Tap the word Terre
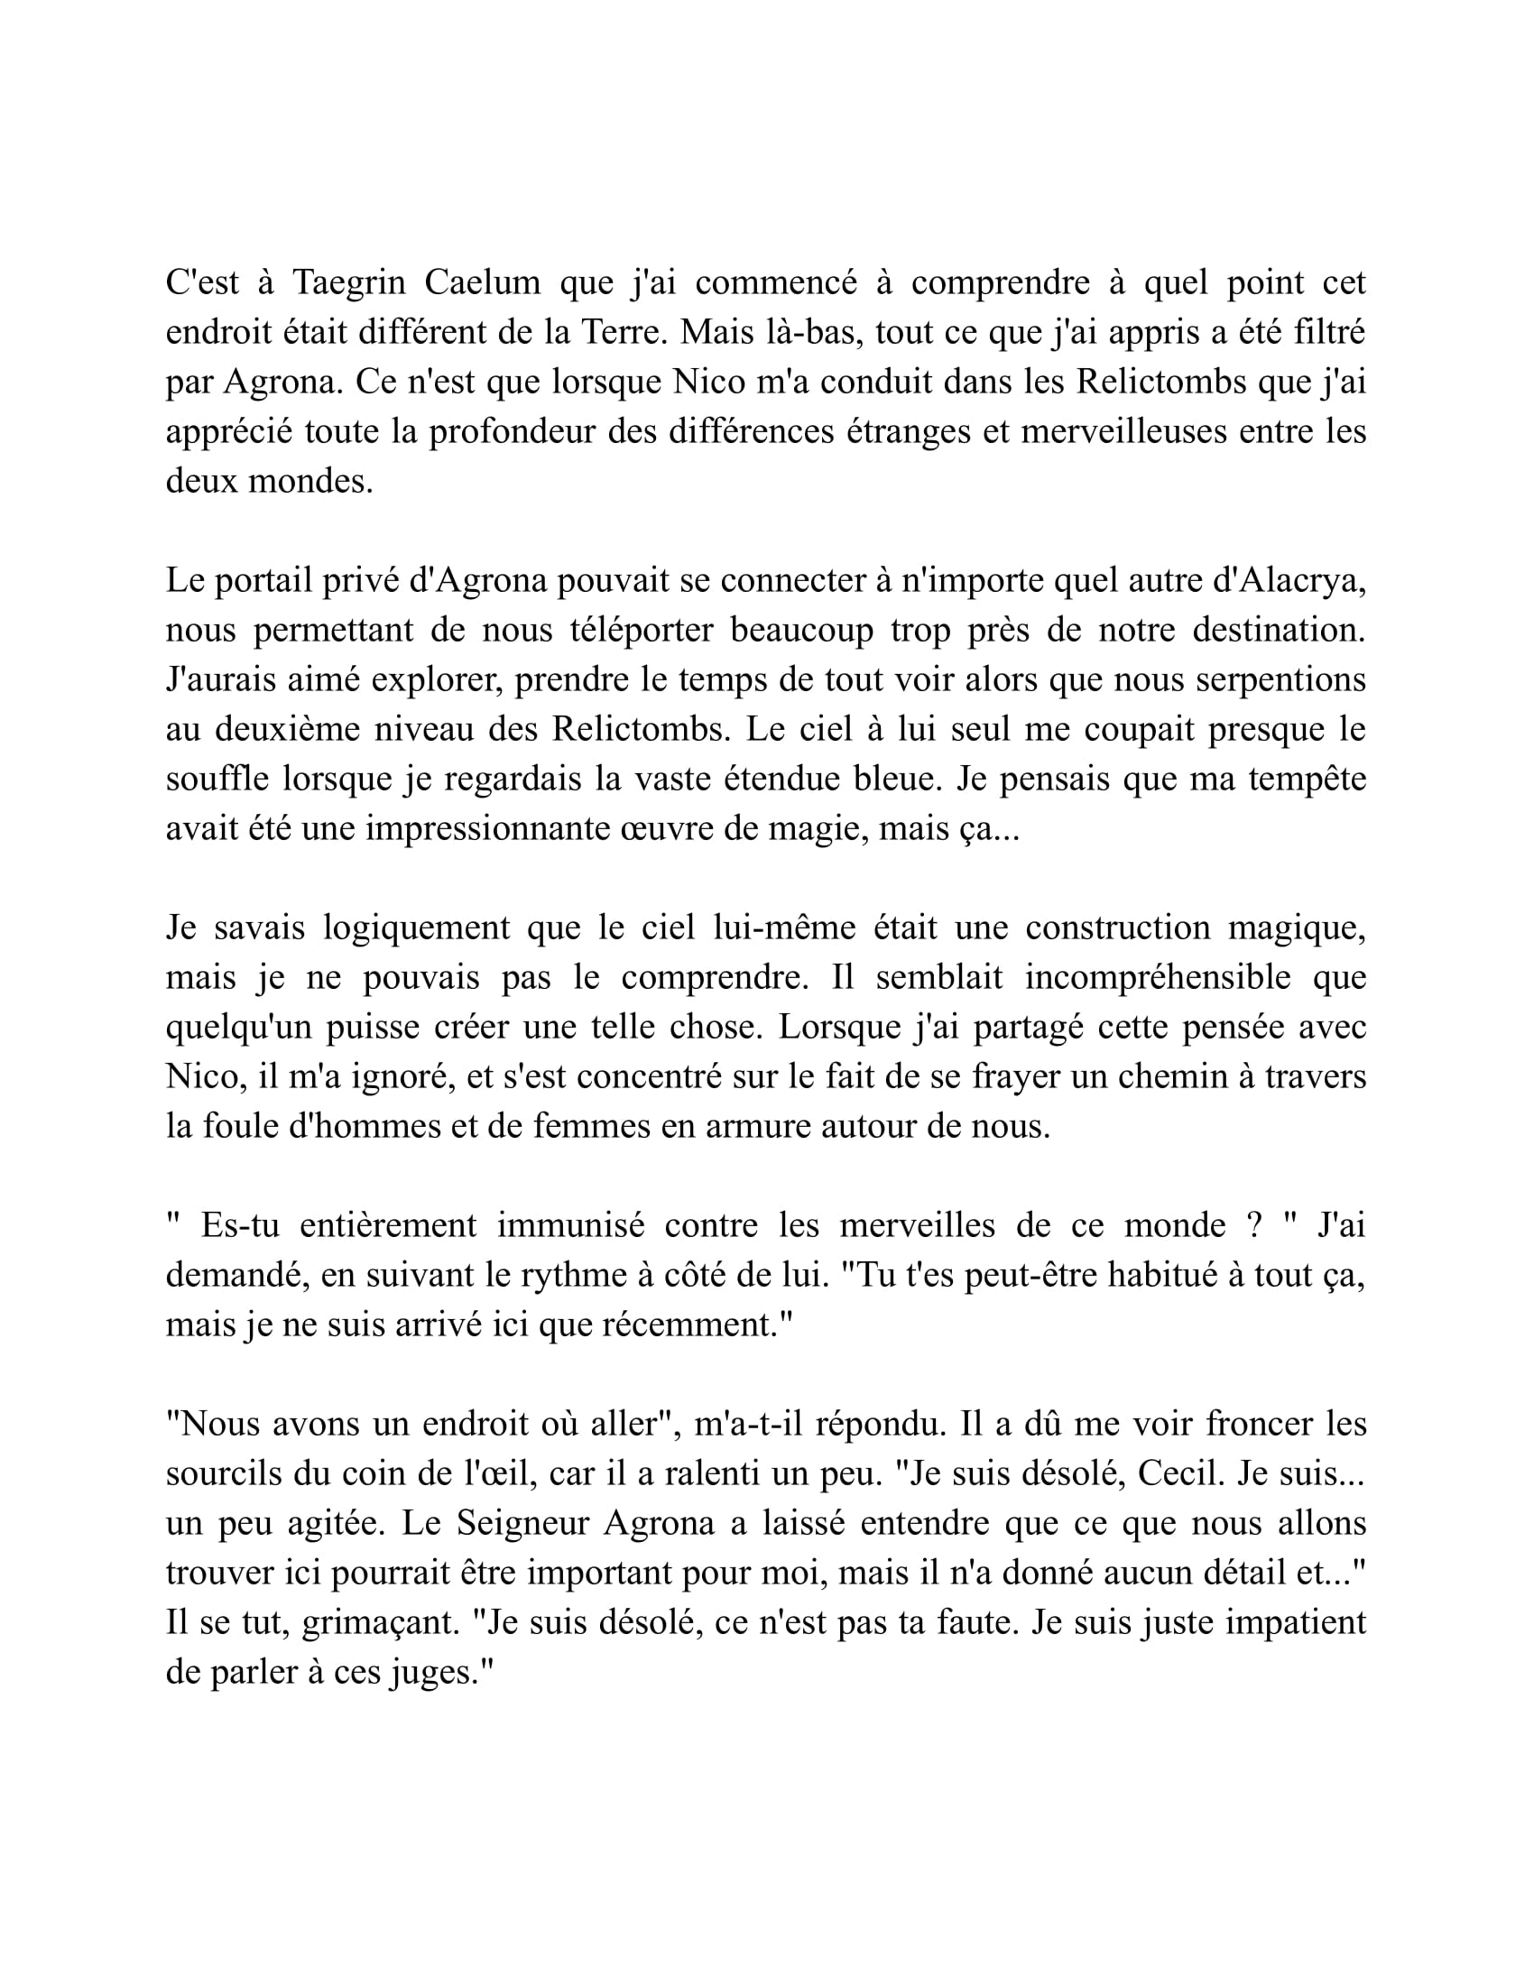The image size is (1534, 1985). (624, 333)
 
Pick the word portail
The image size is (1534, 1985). (263, 580)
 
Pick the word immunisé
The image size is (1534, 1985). (570, 1225)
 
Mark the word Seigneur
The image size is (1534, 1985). (521, 1523)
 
